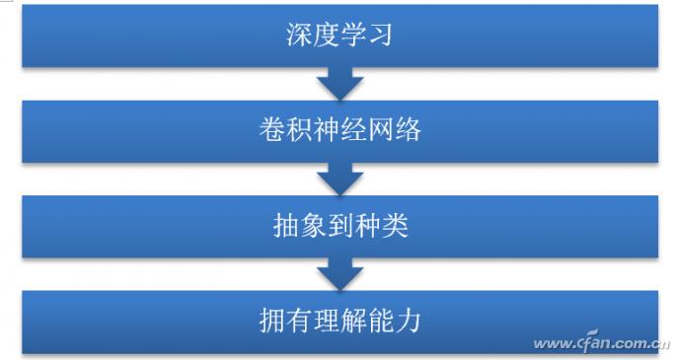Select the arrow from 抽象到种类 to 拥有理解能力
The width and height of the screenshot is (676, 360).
(338, 273)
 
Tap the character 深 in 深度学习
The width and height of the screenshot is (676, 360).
(298, 36)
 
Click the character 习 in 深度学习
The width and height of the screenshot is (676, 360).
(380, 36)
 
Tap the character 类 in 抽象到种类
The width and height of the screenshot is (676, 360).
(394, 227)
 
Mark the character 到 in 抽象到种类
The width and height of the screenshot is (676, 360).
(338, 227)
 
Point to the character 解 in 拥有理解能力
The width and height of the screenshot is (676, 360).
(353, 323)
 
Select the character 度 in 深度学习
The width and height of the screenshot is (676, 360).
(325, 36)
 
